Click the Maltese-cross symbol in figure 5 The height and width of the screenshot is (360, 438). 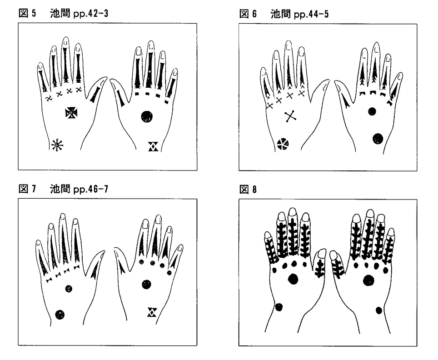71,113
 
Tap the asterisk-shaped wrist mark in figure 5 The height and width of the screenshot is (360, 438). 57,145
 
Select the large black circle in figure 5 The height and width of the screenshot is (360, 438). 147,116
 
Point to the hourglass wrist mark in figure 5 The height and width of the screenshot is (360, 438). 153,146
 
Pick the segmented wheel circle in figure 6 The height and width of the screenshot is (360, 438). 283,144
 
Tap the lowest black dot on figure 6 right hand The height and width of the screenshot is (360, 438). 378,138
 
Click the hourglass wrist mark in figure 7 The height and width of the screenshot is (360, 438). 152,312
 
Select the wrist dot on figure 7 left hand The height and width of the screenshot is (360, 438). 60,315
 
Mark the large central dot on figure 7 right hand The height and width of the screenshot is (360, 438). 146,284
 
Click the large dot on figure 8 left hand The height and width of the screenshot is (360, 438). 293,279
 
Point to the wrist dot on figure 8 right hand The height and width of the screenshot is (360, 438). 379,310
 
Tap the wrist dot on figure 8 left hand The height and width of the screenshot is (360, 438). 279,307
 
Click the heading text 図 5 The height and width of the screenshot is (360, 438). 27,13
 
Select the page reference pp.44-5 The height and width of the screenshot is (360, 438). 311,14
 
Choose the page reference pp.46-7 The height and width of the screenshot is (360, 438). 91,189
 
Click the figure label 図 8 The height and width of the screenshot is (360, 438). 248,190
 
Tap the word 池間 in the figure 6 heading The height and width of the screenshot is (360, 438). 280,14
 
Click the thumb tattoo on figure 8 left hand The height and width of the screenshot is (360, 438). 319,268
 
